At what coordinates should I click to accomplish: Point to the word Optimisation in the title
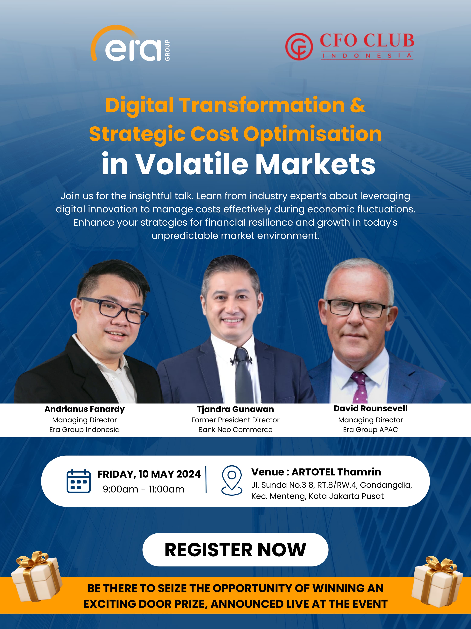tap(312, 134)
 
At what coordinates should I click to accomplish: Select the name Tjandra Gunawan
tap(236, 409)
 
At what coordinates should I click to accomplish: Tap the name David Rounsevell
tap(370, 408)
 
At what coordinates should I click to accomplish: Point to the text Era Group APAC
tap(370, 430)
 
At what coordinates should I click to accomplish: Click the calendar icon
tap(79, 481)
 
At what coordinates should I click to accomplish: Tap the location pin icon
tap(232, 480)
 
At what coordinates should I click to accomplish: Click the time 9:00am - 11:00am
tap(143, 489)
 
